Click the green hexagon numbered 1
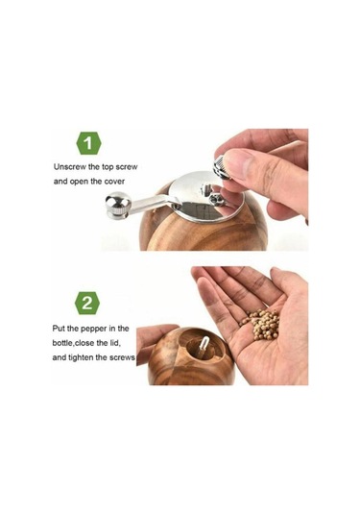point(88,143)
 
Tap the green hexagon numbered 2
point(87,304)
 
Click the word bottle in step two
point(62,343)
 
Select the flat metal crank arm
point(153,203)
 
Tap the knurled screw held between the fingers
point(221,167)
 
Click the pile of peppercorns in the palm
point(261,324)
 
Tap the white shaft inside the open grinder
point(204,345)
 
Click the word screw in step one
point(127,167)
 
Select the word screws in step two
point(122,357)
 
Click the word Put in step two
point(59,329)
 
